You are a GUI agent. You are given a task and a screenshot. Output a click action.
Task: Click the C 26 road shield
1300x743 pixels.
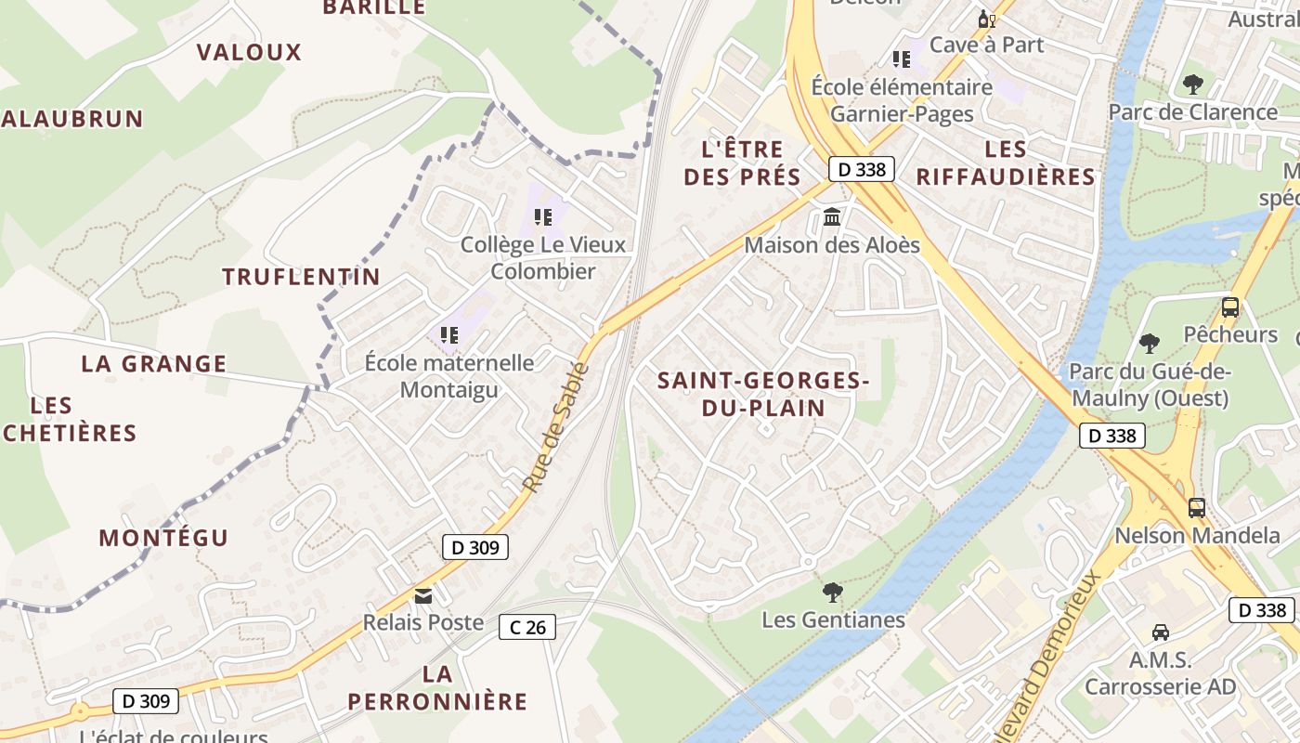pos(526,627)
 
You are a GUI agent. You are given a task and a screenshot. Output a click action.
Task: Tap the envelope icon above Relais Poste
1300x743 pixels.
pos(423,595)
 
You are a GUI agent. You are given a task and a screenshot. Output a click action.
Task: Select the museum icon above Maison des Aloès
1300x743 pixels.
pos(832,217)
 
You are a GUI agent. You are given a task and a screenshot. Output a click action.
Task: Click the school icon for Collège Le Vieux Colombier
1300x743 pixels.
pos(543,217)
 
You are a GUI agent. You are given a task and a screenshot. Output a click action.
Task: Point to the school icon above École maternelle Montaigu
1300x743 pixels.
pos(449,334)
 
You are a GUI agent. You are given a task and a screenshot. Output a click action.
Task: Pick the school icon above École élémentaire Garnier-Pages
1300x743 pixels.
pos(901,59)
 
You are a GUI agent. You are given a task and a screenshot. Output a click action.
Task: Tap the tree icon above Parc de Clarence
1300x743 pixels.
pos(1193,85)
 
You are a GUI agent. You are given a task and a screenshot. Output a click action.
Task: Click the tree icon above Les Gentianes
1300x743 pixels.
pos(833,591)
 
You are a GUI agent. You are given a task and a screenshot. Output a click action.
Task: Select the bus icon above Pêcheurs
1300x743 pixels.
pos(1230,306)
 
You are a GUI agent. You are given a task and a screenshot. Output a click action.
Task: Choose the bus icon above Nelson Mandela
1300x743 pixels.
pos(1197,507)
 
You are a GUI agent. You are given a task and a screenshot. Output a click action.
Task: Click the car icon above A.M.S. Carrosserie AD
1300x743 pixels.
pos(1161,632)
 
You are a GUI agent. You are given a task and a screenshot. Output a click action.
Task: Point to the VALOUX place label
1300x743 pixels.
pos(249,52)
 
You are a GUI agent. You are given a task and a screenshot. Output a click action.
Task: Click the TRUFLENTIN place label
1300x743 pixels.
pos(301,276)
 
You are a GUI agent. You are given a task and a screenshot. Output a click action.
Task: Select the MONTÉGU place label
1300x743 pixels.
pos(163,538)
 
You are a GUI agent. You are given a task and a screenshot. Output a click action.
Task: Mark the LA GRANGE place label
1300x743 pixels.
pos(154,363)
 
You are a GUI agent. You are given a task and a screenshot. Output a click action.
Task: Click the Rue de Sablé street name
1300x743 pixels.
pos(555,427)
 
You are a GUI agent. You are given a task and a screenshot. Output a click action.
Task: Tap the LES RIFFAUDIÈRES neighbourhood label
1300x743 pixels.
pos(1006,163)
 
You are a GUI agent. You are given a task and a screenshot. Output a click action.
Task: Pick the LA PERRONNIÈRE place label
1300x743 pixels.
pos(437,687)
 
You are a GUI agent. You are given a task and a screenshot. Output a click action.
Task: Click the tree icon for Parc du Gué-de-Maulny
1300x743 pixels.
pos(1150,344)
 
